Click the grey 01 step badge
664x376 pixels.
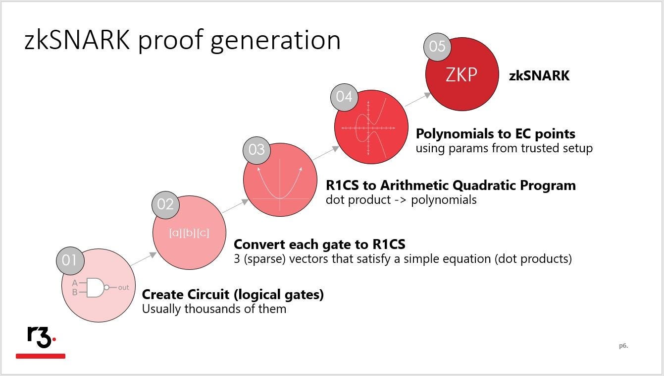(70, 260)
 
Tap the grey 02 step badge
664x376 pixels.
(165, 205)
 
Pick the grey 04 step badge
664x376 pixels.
(344, 97)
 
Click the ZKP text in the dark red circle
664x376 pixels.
(461, 74)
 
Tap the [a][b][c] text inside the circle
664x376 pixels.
(189, 233)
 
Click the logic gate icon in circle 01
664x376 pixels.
(100, 288)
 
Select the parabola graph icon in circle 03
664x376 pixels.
(280, 185)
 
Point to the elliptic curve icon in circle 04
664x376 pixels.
(368, 128)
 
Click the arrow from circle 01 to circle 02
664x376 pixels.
(144, 259)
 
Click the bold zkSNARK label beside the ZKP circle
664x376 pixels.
(539, 76)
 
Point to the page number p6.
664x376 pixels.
(623, 346)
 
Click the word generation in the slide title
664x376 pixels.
(276, 41)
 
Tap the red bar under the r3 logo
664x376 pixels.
(41, 356)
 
